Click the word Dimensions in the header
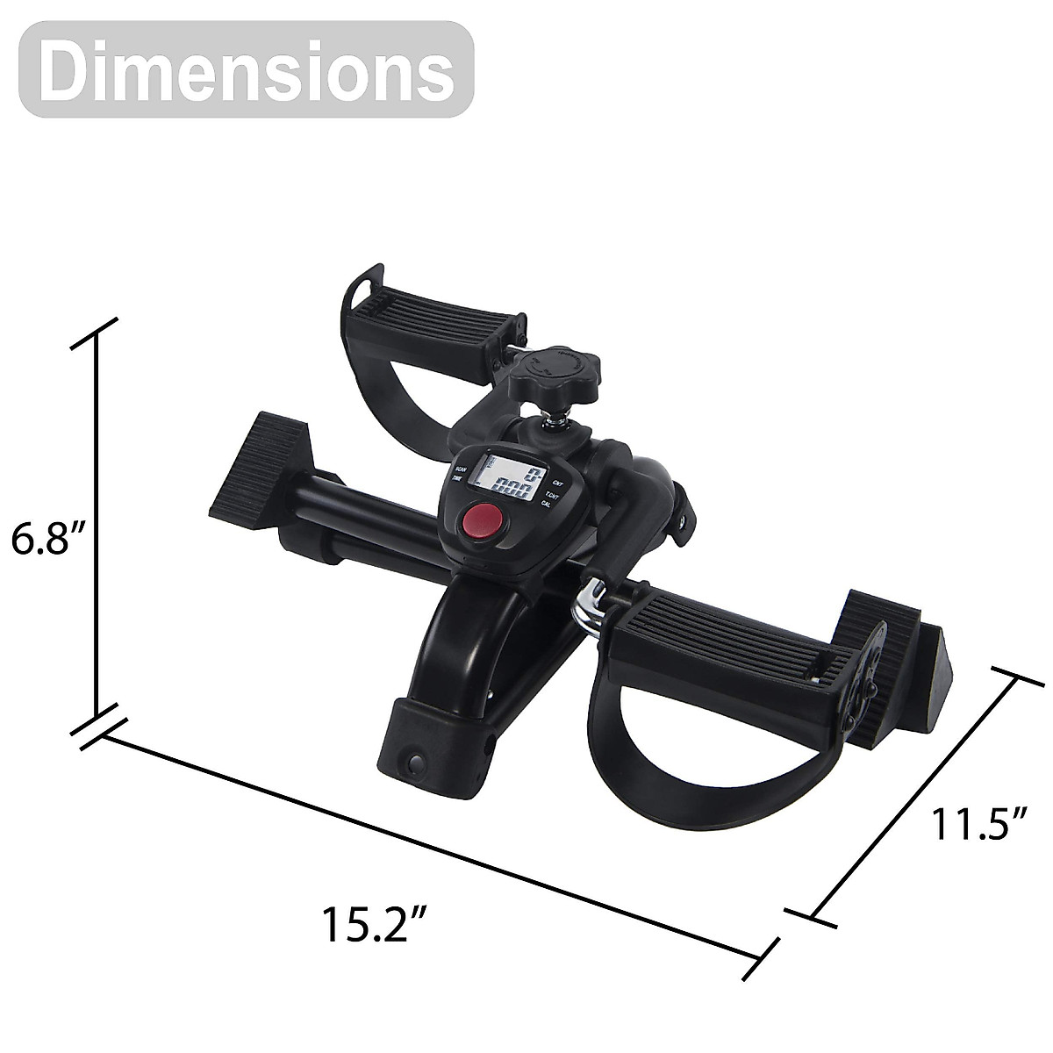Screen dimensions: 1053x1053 pyautogui.click(x=247, y=70)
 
